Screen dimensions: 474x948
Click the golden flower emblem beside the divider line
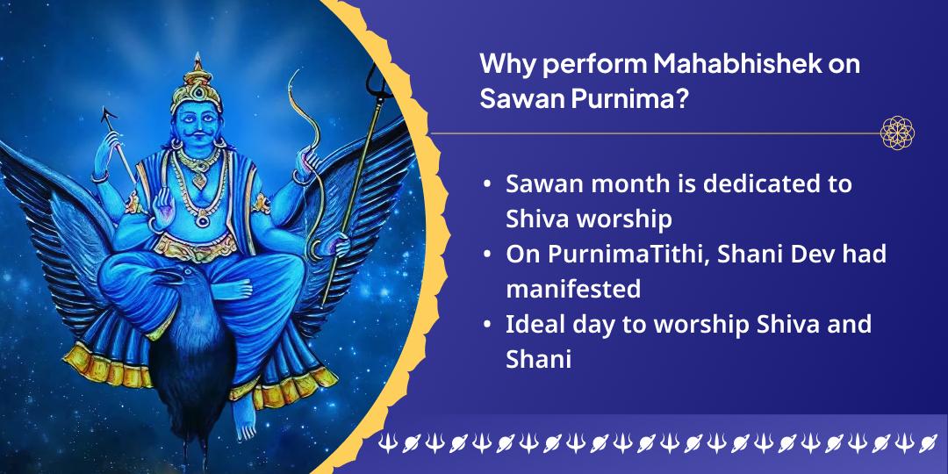897,133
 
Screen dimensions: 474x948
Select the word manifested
573,288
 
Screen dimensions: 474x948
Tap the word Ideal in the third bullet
533,324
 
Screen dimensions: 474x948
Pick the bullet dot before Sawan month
487,185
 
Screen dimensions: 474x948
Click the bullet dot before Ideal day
487,326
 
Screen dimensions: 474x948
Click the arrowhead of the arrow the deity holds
110,113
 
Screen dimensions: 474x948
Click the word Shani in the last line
537,358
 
